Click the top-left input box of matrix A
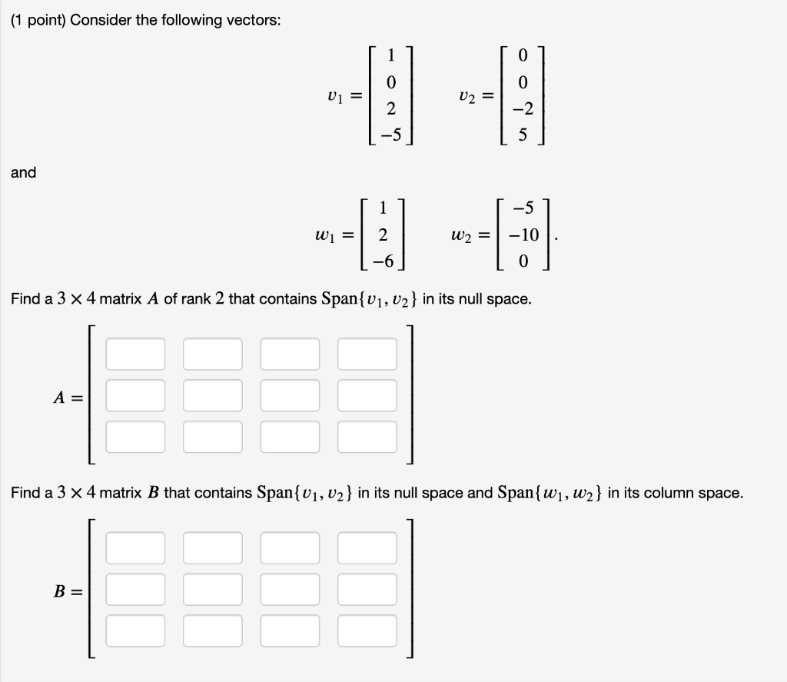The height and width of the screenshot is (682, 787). coord(135,354)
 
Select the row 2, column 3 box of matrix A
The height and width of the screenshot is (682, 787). coord(290,395)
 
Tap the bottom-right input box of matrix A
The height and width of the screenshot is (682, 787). coord(367,437)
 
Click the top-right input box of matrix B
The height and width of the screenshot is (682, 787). coord(367,548)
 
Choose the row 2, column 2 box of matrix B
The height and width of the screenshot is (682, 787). coord(212,590)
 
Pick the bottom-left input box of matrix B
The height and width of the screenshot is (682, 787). coord(135,630)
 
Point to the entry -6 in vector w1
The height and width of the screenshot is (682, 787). coord(382,262)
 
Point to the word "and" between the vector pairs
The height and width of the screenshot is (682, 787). coord(23,173)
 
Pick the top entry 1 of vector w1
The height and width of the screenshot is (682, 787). coord(382,207)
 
